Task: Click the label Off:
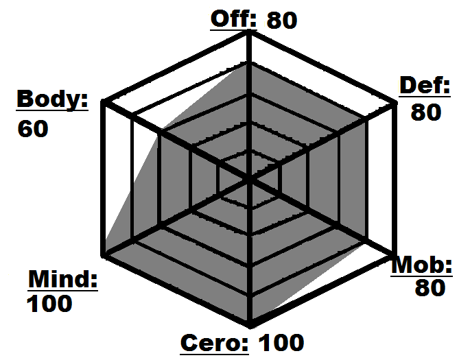(x=233, y=19)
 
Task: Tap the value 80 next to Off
(x=282, y=20)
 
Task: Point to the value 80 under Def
(x=426, y=112)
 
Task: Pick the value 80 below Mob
(x=430, y=289)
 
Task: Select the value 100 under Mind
(x=49, y=303)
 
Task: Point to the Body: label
(x=53, y=99)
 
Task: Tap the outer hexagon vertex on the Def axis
(x=393, y=104)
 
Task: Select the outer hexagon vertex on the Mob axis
(x=393, y=254)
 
